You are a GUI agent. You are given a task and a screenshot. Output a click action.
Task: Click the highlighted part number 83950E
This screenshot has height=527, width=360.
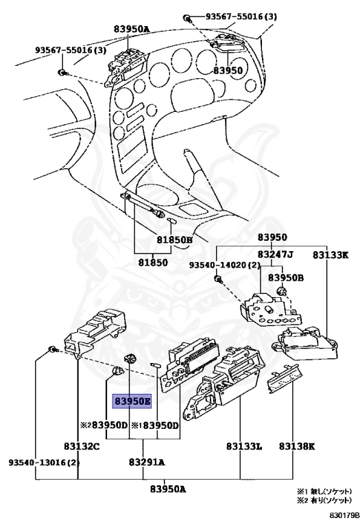coord(132,401)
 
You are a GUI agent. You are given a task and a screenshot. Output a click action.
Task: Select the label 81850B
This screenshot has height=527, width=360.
coord(175,240)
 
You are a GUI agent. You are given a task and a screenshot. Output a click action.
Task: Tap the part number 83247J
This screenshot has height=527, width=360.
coord(275,255)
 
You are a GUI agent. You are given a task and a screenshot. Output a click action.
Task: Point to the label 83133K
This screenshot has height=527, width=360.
coord(331,255)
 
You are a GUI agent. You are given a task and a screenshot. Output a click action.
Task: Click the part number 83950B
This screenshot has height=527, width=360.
coord(286,278)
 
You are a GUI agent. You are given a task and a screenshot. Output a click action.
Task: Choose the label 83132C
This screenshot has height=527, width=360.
coord(82,446)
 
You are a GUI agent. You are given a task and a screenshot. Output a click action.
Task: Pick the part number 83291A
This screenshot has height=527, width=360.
coord(147,462)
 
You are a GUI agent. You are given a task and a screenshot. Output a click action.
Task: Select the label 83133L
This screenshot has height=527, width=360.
coord(244,446)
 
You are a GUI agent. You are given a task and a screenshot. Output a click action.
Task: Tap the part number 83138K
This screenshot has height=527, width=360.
coord(297,446)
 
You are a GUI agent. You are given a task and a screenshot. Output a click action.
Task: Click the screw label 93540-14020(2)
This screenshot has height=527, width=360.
coord(225,266)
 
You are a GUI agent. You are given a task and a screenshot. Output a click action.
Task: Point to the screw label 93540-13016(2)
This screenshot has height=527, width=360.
coord(44,462)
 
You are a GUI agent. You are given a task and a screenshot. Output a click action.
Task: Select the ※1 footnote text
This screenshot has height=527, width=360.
coord(324,491)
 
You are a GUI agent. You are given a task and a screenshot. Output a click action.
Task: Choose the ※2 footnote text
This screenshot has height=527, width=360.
coord(324,500)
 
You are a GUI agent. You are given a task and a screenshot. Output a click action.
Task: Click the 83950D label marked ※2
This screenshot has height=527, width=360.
coord(104,425)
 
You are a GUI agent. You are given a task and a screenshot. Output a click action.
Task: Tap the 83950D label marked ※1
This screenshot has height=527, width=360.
coord(155,425)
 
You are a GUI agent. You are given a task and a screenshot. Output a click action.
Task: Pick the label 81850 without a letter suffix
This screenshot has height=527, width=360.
coord(153,262)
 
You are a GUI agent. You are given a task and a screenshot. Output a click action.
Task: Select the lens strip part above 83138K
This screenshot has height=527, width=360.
coord(285,379)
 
